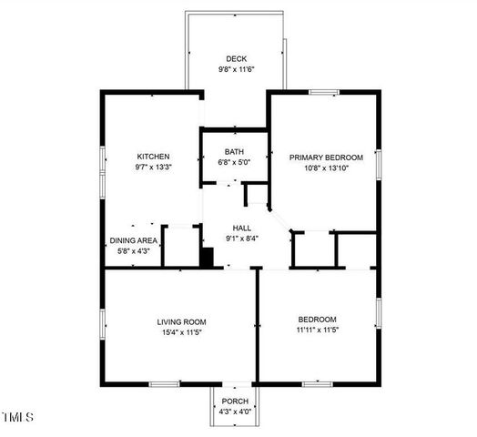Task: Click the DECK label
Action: tap(236, 59)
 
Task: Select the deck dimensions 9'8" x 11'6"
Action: tap(236, 70)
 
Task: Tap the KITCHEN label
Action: tap(152, 157)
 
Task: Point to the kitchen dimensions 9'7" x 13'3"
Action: tap(152, 168)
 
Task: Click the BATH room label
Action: tap(235, 152)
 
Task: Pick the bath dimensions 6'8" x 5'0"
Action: tap(235, 162)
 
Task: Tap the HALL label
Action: tap(242, 229)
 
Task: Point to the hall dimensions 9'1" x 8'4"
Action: tap(242, 239)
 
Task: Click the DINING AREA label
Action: tap(134, 241)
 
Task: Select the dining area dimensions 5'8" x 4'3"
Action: tap(134, 251)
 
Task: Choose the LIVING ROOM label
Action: tap(181, 321)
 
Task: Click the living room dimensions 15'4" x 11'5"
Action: tap(181, 332)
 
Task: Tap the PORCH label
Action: tap(235, 401)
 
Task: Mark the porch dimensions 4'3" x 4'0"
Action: tap(235, 412)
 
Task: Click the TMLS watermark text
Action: tap(17, 418)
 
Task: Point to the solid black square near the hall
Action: tap(207, 259)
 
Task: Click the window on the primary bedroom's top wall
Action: tap(323, 92)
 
